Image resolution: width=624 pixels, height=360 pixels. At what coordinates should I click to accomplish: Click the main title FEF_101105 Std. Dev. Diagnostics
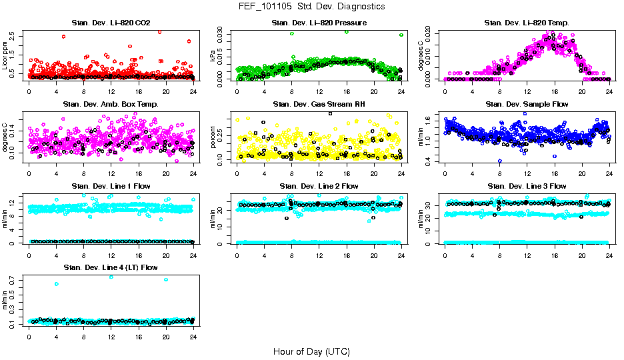(311, 7)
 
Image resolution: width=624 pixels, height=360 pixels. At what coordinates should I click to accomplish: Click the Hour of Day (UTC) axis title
(311, 351)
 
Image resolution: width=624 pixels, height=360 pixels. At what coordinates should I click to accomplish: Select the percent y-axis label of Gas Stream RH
(213, 137)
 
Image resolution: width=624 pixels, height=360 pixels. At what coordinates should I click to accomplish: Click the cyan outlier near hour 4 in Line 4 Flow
(57, 284)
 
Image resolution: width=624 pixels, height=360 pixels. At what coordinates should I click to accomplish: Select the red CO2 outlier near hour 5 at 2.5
(63, 37)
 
